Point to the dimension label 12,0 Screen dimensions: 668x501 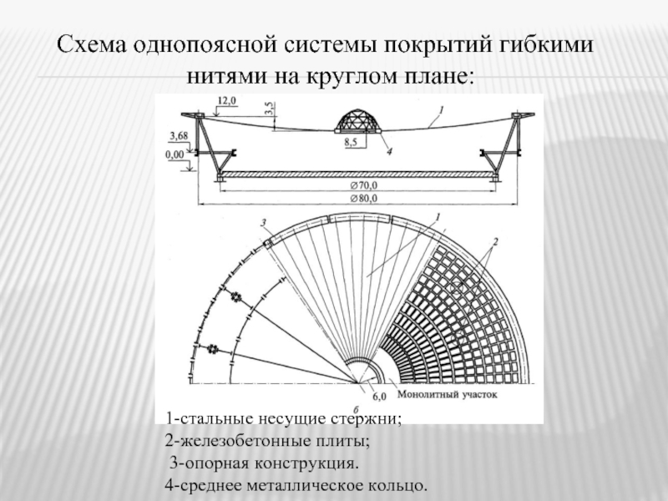pos(226,100)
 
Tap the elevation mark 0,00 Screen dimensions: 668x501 pos(176,154)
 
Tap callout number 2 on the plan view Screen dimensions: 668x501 pos(495,242)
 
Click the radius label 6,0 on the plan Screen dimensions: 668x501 pos(378,396)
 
